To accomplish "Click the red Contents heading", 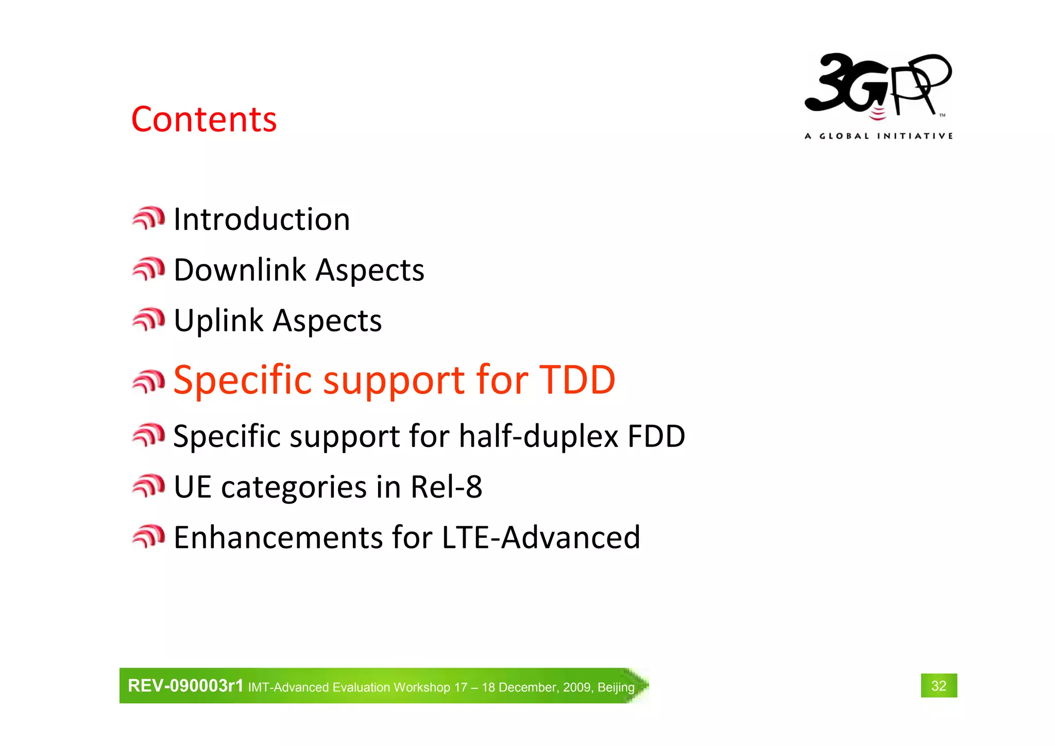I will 204,119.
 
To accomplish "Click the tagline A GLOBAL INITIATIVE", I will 878,136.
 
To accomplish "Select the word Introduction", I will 262,219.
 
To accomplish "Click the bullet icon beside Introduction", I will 148,219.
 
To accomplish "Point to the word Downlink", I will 240,270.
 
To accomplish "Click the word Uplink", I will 218,321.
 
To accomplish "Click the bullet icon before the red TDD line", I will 148,382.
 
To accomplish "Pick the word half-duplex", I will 538,436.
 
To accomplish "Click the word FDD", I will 656,436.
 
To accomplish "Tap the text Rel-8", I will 446,487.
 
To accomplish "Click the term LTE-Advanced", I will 541,537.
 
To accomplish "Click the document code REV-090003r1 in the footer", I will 185,686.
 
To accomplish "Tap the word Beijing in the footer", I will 616,687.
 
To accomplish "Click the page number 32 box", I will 939,686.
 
